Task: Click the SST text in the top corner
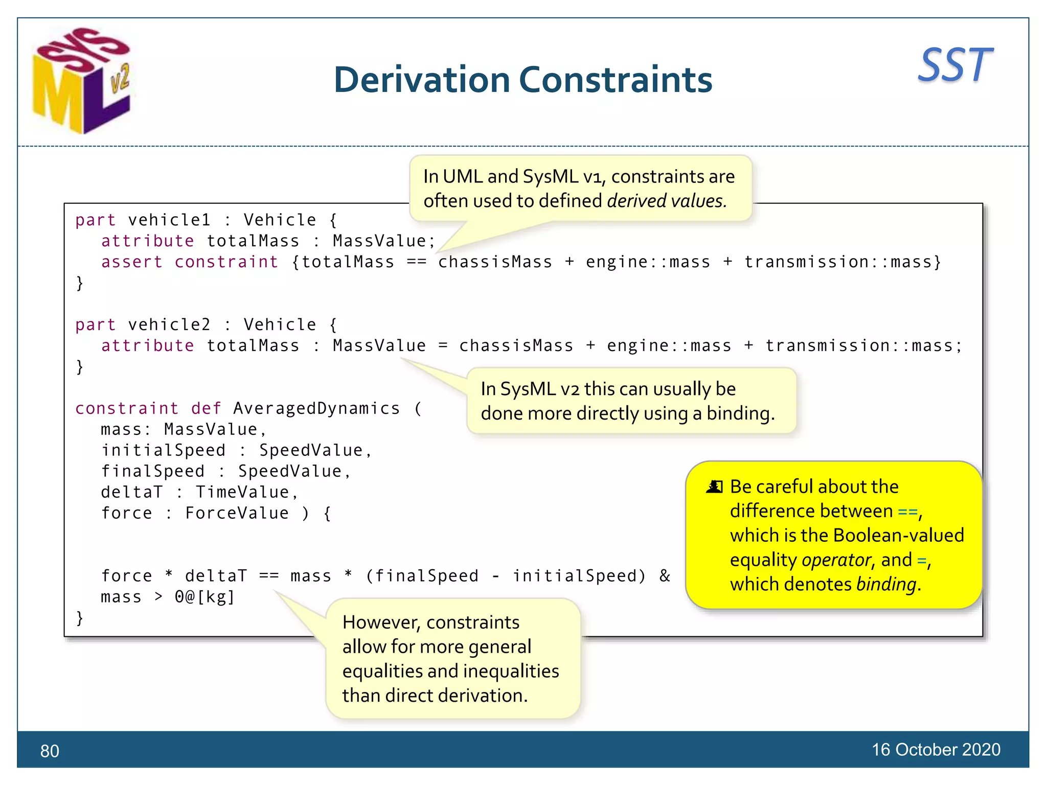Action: (x=955, y=65)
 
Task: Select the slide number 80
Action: (x=50, y=751)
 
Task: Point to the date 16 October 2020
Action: (x=936, y=750)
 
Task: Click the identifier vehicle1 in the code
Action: (x=169, y=220)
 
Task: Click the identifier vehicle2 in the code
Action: (x=169, y=325)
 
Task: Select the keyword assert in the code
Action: (x=132, y=262)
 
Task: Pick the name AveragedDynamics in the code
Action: (x=316, y=408)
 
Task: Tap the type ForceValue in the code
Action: (x=237, y=513)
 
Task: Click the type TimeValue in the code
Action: (x=242, y=492)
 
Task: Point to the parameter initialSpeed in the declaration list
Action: (x=163, y=450)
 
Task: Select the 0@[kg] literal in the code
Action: (x=204, y=597)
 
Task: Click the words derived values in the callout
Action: (x=667, y=201)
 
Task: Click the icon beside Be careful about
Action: (x=714, y=487)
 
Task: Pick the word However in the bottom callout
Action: (x=381, y=622)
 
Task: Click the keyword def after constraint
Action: (x=206, y=408)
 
